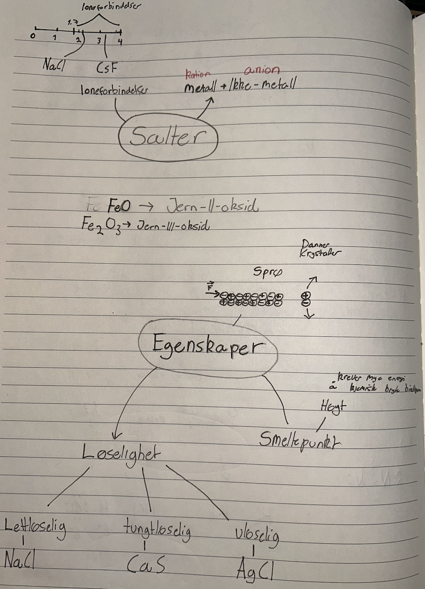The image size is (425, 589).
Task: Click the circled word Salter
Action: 167,137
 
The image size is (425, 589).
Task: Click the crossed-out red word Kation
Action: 197,74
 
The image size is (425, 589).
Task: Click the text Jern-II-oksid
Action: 212,206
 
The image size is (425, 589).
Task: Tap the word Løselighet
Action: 121,452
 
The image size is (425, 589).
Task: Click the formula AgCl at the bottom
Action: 254,569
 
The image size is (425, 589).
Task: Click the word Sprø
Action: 268,272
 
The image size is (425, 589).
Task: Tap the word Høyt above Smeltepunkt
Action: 333,406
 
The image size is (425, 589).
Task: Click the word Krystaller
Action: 320,253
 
